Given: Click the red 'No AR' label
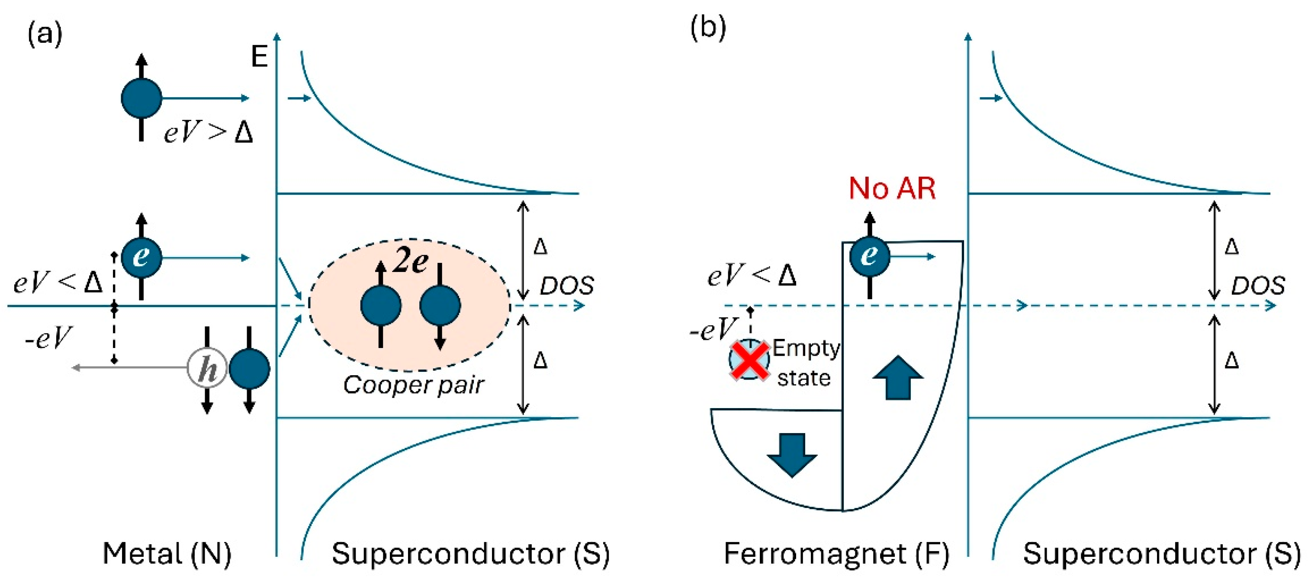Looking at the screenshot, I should [x=892, y=188].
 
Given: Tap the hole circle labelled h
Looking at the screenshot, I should [x=207, y=368].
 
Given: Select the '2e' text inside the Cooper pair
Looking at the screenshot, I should [x=410, y=262].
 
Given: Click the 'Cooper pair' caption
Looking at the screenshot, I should [x=413, y=385].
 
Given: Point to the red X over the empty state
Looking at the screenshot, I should [x=749, y=360].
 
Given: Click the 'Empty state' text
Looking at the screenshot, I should [x=805, y=362].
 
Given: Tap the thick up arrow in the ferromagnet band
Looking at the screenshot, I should [x=898, y=377].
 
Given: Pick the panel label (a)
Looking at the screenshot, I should [x=45, y=35].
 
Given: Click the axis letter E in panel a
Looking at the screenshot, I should [x=260, y=56].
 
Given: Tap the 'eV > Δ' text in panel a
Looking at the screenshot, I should [x=208, y=132].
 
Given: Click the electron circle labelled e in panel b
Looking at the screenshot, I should [x=869, y=256].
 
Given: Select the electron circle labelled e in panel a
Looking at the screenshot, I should [x=141, y=257].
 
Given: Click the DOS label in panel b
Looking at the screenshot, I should [x=1258, y=286].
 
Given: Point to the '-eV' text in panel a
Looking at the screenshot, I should [x=48, y=338].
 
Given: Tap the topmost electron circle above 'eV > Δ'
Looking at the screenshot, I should [x=141, y=98].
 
